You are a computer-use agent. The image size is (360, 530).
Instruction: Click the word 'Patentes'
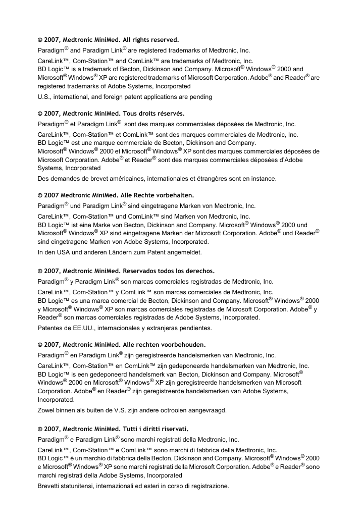51,328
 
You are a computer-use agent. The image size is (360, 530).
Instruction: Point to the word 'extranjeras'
164,328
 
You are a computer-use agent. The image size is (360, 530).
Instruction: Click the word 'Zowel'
47,410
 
